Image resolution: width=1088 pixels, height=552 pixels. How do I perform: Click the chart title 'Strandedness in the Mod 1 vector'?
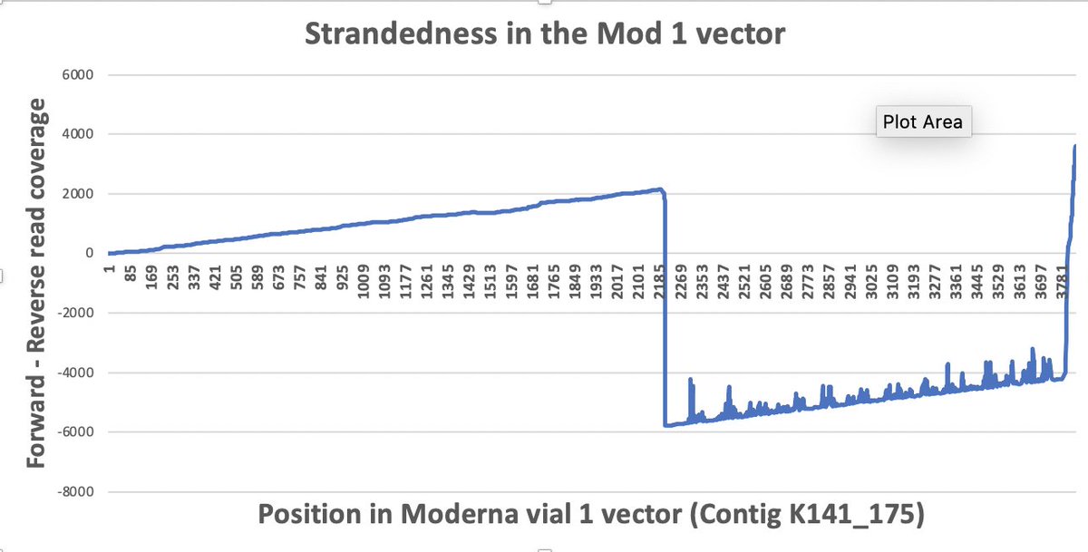point(543,34)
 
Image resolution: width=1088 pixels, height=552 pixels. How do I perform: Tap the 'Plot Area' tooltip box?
point(922,122)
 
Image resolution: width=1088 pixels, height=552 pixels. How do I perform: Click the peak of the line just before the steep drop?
point(661,189)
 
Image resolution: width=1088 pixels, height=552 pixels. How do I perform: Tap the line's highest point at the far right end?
point(1075,146)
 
